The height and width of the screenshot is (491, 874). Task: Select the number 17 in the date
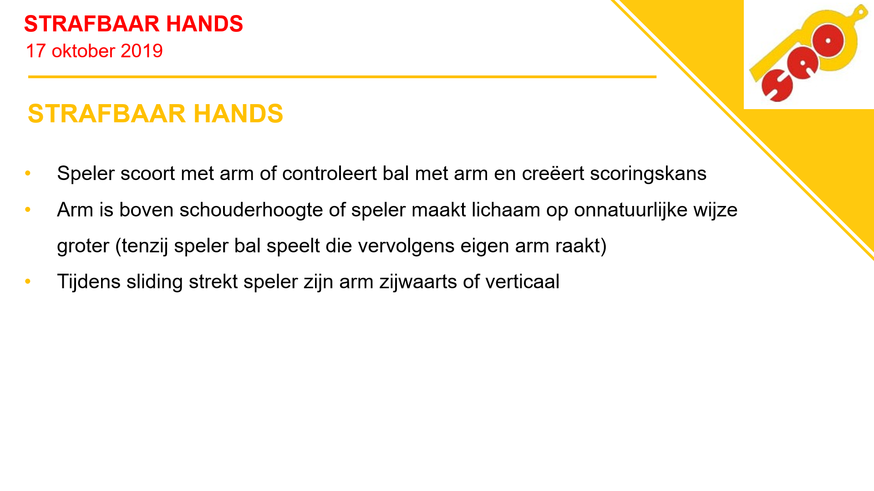[x=36, y=51]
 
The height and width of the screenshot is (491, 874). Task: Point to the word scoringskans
[x=648, y=174]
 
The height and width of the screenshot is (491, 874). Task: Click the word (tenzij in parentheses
[x=142, y=246]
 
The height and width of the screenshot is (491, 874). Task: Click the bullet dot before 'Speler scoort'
[x=28, y=173]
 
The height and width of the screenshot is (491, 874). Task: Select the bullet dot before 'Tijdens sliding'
[x=28, y=281]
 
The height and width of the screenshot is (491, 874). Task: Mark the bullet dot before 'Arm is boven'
[x=28, y=210]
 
